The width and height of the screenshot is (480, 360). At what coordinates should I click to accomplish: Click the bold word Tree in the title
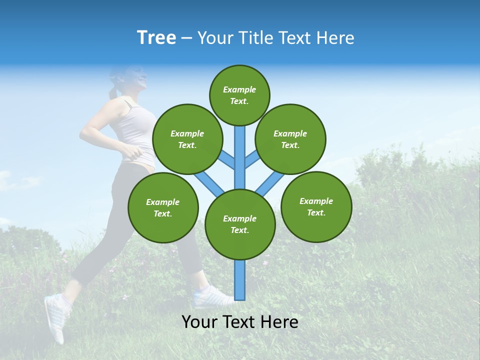(x=156, y=38)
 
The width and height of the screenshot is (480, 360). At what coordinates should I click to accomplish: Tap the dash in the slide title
(x=186, y=38)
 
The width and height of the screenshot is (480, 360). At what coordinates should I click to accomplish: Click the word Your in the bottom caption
(x=199, y=322)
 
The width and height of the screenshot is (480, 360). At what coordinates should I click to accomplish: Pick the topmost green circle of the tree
(x=239, y=95)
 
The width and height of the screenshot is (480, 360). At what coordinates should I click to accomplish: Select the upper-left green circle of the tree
(x=187, y=139)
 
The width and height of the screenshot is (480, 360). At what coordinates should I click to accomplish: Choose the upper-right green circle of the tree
(x=290, y=139)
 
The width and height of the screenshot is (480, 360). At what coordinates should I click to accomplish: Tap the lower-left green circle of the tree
(x=163, y=207)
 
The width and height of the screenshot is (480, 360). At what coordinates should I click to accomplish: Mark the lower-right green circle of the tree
(x=316, y=206)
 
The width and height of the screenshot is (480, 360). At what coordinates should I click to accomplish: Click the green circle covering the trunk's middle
(x=240, y=224)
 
